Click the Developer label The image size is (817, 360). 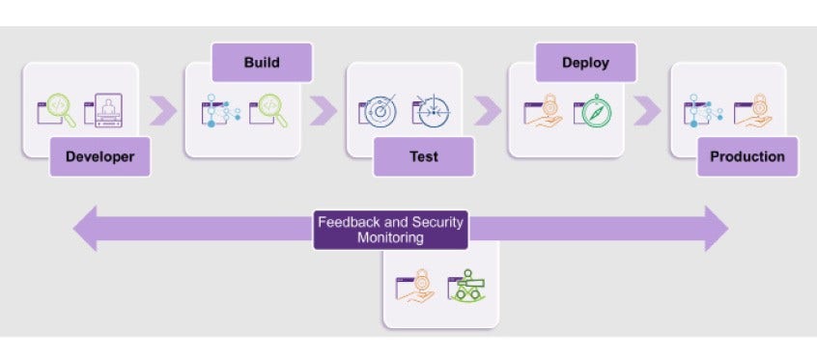point(99,156)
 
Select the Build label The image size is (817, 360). point(262,63)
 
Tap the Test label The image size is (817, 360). point(423,156)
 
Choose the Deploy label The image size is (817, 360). point(585,63)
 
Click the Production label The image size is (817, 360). point(747,156)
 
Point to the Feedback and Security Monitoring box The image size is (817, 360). point(390,230)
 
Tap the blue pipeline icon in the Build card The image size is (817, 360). point(219,112)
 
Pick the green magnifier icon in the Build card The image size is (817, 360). point(268,112)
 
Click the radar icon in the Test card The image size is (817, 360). point(380,111)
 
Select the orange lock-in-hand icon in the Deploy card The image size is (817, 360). point(544,112)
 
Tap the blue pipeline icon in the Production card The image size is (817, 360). point(704,112)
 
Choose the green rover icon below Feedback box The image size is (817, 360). point(466,287)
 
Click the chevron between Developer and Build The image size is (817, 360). point(164,111)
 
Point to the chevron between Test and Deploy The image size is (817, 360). point(488,111)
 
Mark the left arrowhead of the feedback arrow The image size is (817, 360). point(86,229)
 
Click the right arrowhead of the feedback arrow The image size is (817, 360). point(716,229)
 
